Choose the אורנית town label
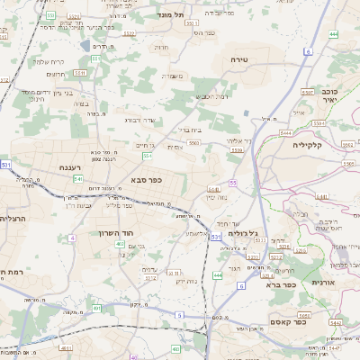coord(324,282)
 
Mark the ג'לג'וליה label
coord(241,233)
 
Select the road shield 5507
coord(306,93)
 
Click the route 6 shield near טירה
coord(307,52)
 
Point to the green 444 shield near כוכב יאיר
coord(334,34)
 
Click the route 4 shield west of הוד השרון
coord(71,238)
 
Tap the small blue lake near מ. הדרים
coord(85,45)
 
